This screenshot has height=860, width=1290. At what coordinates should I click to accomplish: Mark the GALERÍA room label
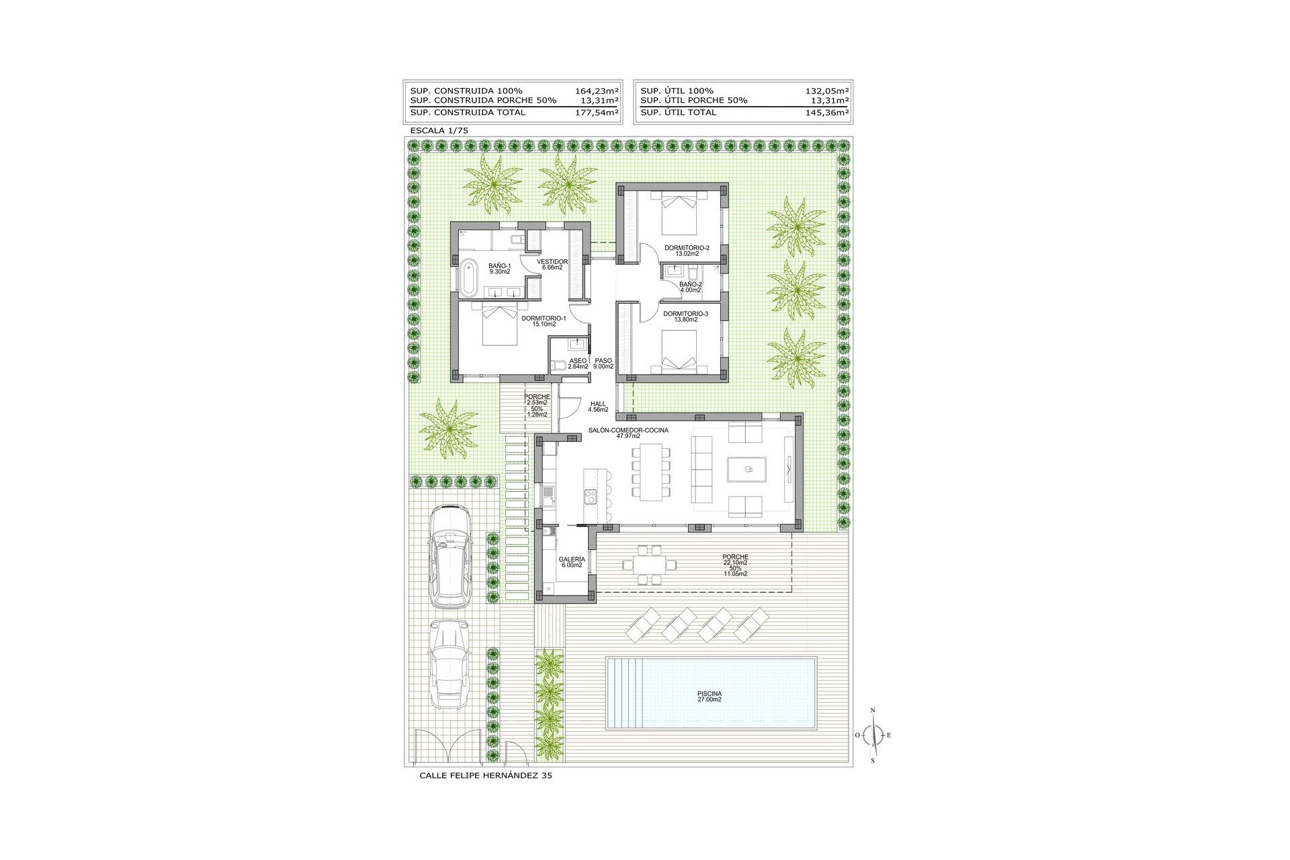tap(572, 559)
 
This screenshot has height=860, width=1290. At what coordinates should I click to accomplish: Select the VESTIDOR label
tap(552, 261)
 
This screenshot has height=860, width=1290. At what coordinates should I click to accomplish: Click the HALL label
tap(598, 404)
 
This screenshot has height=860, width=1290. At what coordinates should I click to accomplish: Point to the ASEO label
tap(578, 361)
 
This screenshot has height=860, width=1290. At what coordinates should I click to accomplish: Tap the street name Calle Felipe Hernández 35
tap(486, 775)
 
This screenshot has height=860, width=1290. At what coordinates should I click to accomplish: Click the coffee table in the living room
tap(746, 470)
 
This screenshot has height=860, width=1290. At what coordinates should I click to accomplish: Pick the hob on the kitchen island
tap(590, 497)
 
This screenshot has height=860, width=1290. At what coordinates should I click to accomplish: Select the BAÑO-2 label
tap(690, 284)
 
